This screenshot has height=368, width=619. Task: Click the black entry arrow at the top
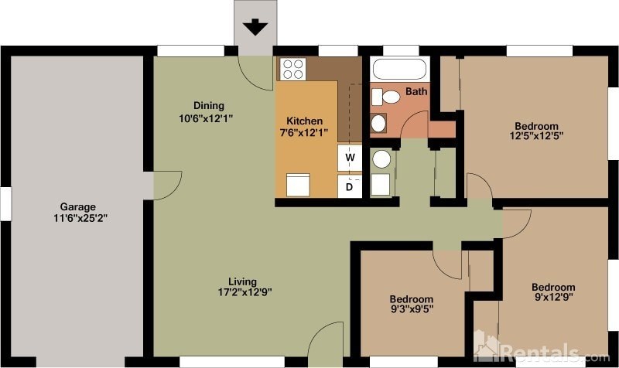[x=255, y=28]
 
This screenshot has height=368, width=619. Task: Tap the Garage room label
[x=77, y=206]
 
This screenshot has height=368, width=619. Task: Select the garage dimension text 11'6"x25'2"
[x=77, y=218]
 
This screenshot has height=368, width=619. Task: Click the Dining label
[x=208, y=106]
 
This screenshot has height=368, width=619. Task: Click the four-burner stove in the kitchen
[x=292, y=70]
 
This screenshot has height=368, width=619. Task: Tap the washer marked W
[x=350, y=158]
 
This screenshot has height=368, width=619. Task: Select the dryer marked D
[x=350, y=186]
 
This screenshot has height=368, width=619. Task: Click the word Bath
[x=417, y=92]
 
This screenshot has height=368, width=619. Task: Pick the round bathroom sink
[x=379, y=123]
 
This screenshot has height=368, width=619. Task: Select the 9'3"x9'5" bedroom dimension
[x=411, y=311]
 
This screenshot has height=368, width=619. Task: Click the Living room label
[x=242, y=281]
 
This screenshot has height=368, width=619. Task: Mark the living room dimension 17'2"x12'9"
[x=244, y=292]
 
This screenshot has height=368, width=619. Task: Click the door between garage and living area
[x=164, y=184]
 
